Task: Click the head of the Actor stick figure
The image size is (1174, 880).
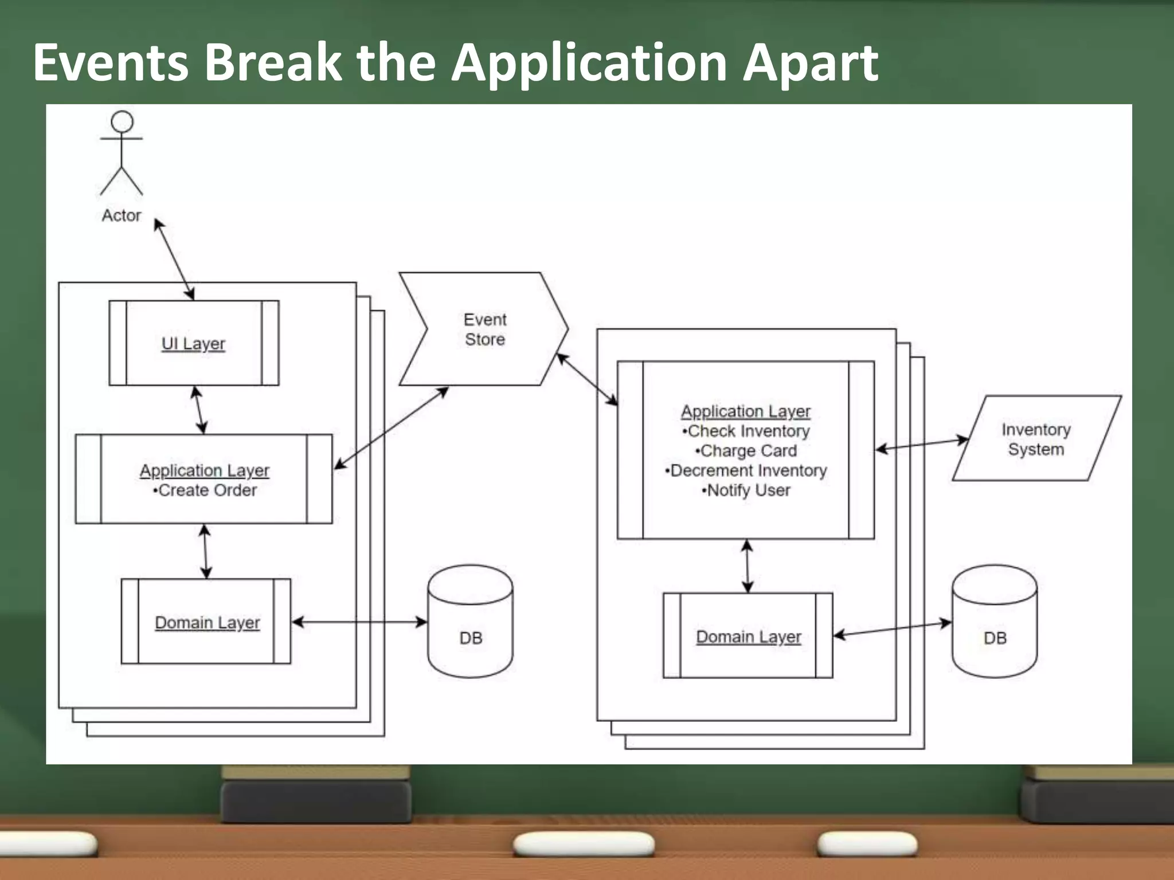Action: [x=122, y=121]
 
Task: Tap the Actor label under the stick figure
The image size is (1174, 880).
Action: [x=121, y=215]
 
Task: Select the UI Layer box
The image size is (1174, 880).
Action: [x=194, y=343]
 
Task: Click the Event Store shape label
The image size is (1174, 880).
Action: [x=484, y=329]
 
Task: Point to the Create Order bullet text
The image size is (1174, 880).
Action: [x=205, y=490]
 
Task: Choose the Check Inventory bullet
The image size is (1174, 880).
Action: [x=746, y=431]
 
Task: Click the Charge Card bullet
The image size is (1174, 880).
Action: [x=746, y=451]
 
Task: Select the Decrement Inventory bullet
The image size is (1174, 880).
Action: [x=746, y=470]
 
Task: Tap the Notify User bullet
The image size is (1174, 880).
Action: [x=746, y=490]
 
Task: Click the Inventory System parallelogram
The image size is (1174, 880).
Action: [x=1036, y=439]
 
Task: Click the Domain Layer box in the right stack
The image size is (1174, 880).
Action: [x=748, y=636]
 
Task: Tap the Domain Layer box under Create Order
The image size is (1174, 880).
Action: [x=207, y=622]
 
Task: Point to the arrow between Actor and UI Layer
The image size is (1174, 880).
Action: [x=174, y=259]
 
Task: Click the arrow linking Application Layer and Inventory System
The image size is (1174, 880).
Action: [x=922, y=445]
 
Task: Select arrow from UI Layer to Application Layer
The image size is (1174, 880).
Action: [x=199, y=410]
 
